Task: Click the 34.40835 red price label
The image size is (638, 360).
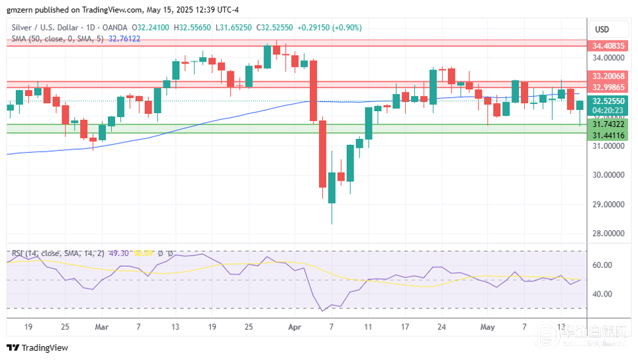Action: click(608, 46)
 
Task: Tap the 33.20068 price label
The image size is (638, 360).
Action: click(608, 77)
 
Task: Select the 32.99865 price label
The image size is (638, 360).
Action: click(608, 87)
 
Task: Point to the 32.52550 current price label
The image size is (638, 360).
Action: click(608, 101)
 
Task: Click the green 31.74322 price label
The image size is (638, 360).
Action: click(608, 124)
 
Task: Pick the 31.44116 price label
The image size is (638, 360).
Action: click(608, 136)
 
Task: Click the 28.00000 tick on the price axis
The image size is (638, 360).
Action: click(608, 233)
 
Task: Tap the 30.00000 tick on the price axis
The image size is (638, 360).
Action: click(608, 175)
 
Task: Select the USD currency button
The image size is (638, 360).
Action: click(602, 29)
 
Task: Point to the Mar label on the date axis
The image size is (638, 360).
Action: click(101, 327)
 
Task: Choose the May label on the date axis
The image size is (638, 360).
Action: click(487, 327)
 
